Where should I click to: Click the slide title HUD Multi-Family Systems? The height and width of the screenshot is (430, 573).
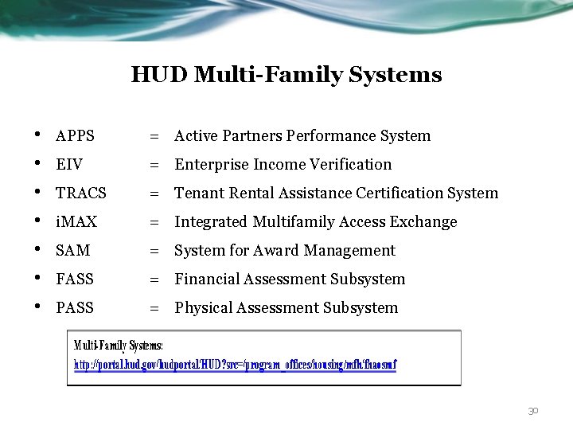click(286, 75)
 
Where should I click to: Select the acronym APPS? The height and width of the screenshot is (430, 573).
click(75, 136)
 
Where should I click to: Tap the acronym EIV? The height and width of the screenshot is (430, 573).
click(69, 165)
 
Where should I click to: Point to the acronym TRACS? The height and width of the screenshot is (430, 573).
click(80, 193)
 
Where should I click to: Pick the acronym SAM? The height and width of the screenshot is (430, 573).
click(73, 251)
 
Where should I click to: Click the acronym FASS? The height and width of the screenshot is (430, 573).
click(75, 279)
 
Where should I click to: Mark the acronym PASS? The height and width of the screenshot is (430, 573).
click(75, 308)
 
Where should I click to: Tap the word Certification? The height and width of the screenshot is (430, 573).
click(399, 193)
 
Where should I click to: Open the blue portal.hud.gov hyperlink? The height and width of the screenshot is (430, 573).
click(235, 365)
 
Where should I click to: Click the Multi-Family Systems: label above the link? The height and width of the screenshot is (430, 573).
click(119, 346)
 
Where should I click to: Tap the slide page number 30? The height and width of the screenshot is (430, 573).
click(533, 411)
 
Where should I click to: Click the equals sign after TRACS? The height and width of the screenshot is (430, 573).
click(154, 193)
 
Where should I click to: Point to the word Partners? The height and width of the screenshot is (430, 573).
click(250, 136)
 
